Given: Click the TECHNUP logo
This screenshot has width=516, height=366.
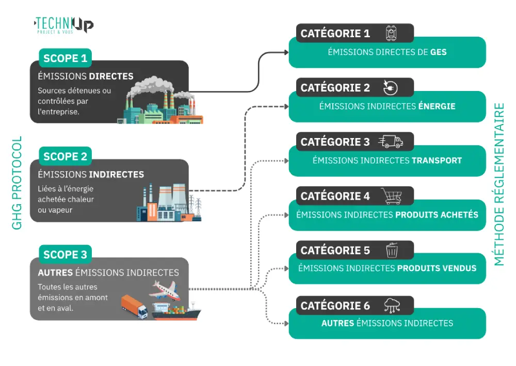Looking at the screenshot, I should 63,24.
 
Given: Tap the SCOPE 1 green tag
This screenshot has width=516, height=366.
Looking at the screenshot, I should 65,58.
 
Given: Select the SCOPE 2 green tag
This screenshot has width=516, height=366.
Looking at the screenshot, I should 65,156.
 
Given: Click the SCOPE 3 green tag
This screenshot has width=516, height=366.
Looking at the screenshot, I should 65,254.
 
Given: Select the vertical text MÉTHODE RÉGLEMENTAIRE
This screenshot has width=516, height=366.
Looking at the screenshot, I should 499,184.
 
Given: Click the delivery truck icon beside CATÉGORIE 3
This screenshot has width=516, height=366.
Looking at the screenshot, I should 391,142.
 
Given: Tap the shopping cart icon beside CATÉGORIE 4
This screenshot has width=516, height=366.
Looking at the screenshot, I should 391,196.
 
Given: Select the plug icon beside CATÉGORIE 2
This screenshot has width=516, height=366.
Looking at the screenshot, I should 391,87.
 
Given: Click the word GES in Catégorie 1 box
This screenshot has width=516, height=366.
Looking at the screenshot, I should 438,52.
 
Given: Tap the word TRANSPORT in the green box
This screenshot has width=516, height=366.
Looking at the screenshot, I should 437,160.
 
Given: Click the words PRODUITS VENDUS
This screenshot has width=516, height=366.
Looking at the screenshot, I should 437,268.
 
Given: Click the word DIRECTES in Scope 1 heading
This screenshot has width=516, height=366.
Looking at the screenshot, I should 111,77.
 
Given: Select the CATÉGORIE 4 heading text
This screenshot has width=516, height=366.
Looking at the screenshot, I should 335,196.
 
